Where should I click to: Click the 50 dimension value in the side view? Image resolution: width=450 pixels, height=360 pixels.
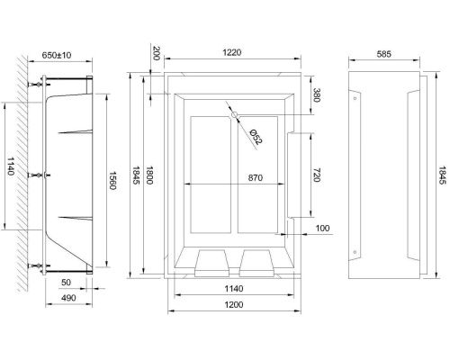point(66,282)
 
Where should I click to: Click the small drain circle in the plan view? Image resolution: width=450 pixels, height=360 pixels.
point(233,116)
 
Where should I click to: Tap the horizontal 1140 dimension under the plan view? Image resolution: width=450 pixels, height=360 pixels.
point(232,288)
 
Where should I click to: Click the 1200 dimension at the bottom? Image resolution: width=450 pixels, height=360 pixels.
point(232,305)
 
